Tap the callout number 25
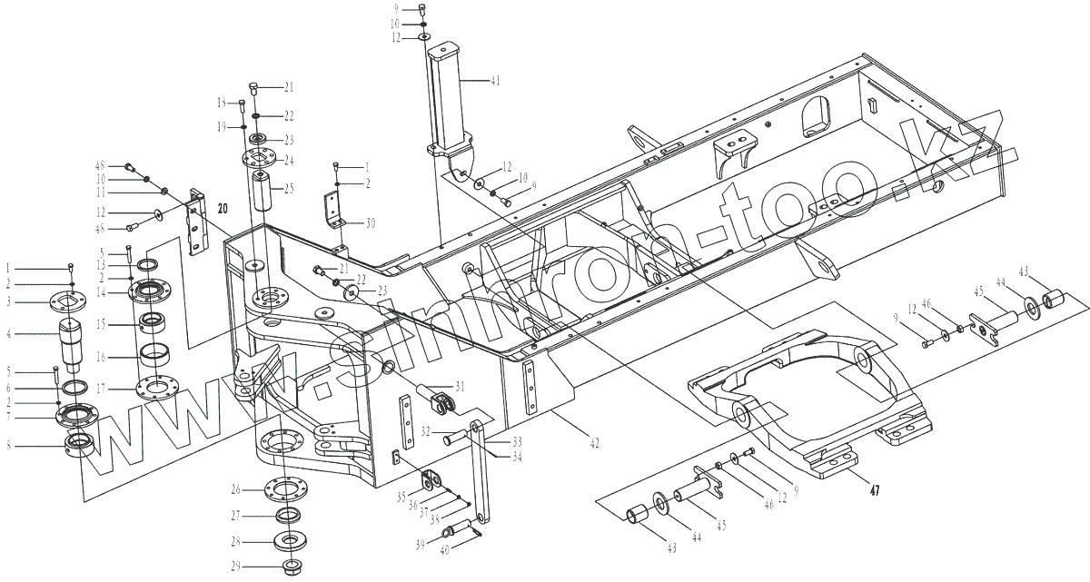289,188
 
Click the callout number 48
102,165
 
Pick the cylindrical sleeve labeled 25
265,192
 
